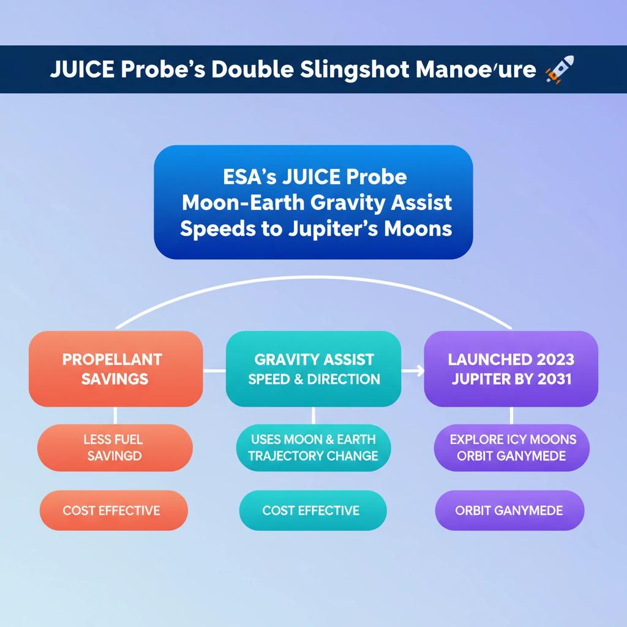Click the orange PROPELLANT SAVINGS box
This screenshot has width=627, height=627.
116,369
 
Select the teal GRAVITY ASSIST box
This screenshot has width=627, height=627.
313,369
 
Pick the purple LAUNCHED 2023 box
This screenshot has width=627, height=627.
511,369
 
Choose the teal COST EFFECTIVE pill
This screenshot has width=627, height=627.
312,510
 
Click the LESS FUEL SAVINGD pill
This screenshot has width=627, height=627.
115,448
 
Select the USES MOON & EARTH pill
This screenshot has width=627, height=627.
313,448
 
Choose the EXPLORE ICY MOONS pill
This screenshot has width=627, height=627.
512,448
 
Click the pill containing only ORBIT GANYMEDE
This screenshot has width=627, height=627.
509,510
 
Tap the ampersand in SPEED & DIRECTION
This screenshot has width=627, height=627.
298,378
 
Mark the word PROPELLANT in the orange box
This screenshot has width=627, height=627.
112,359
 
